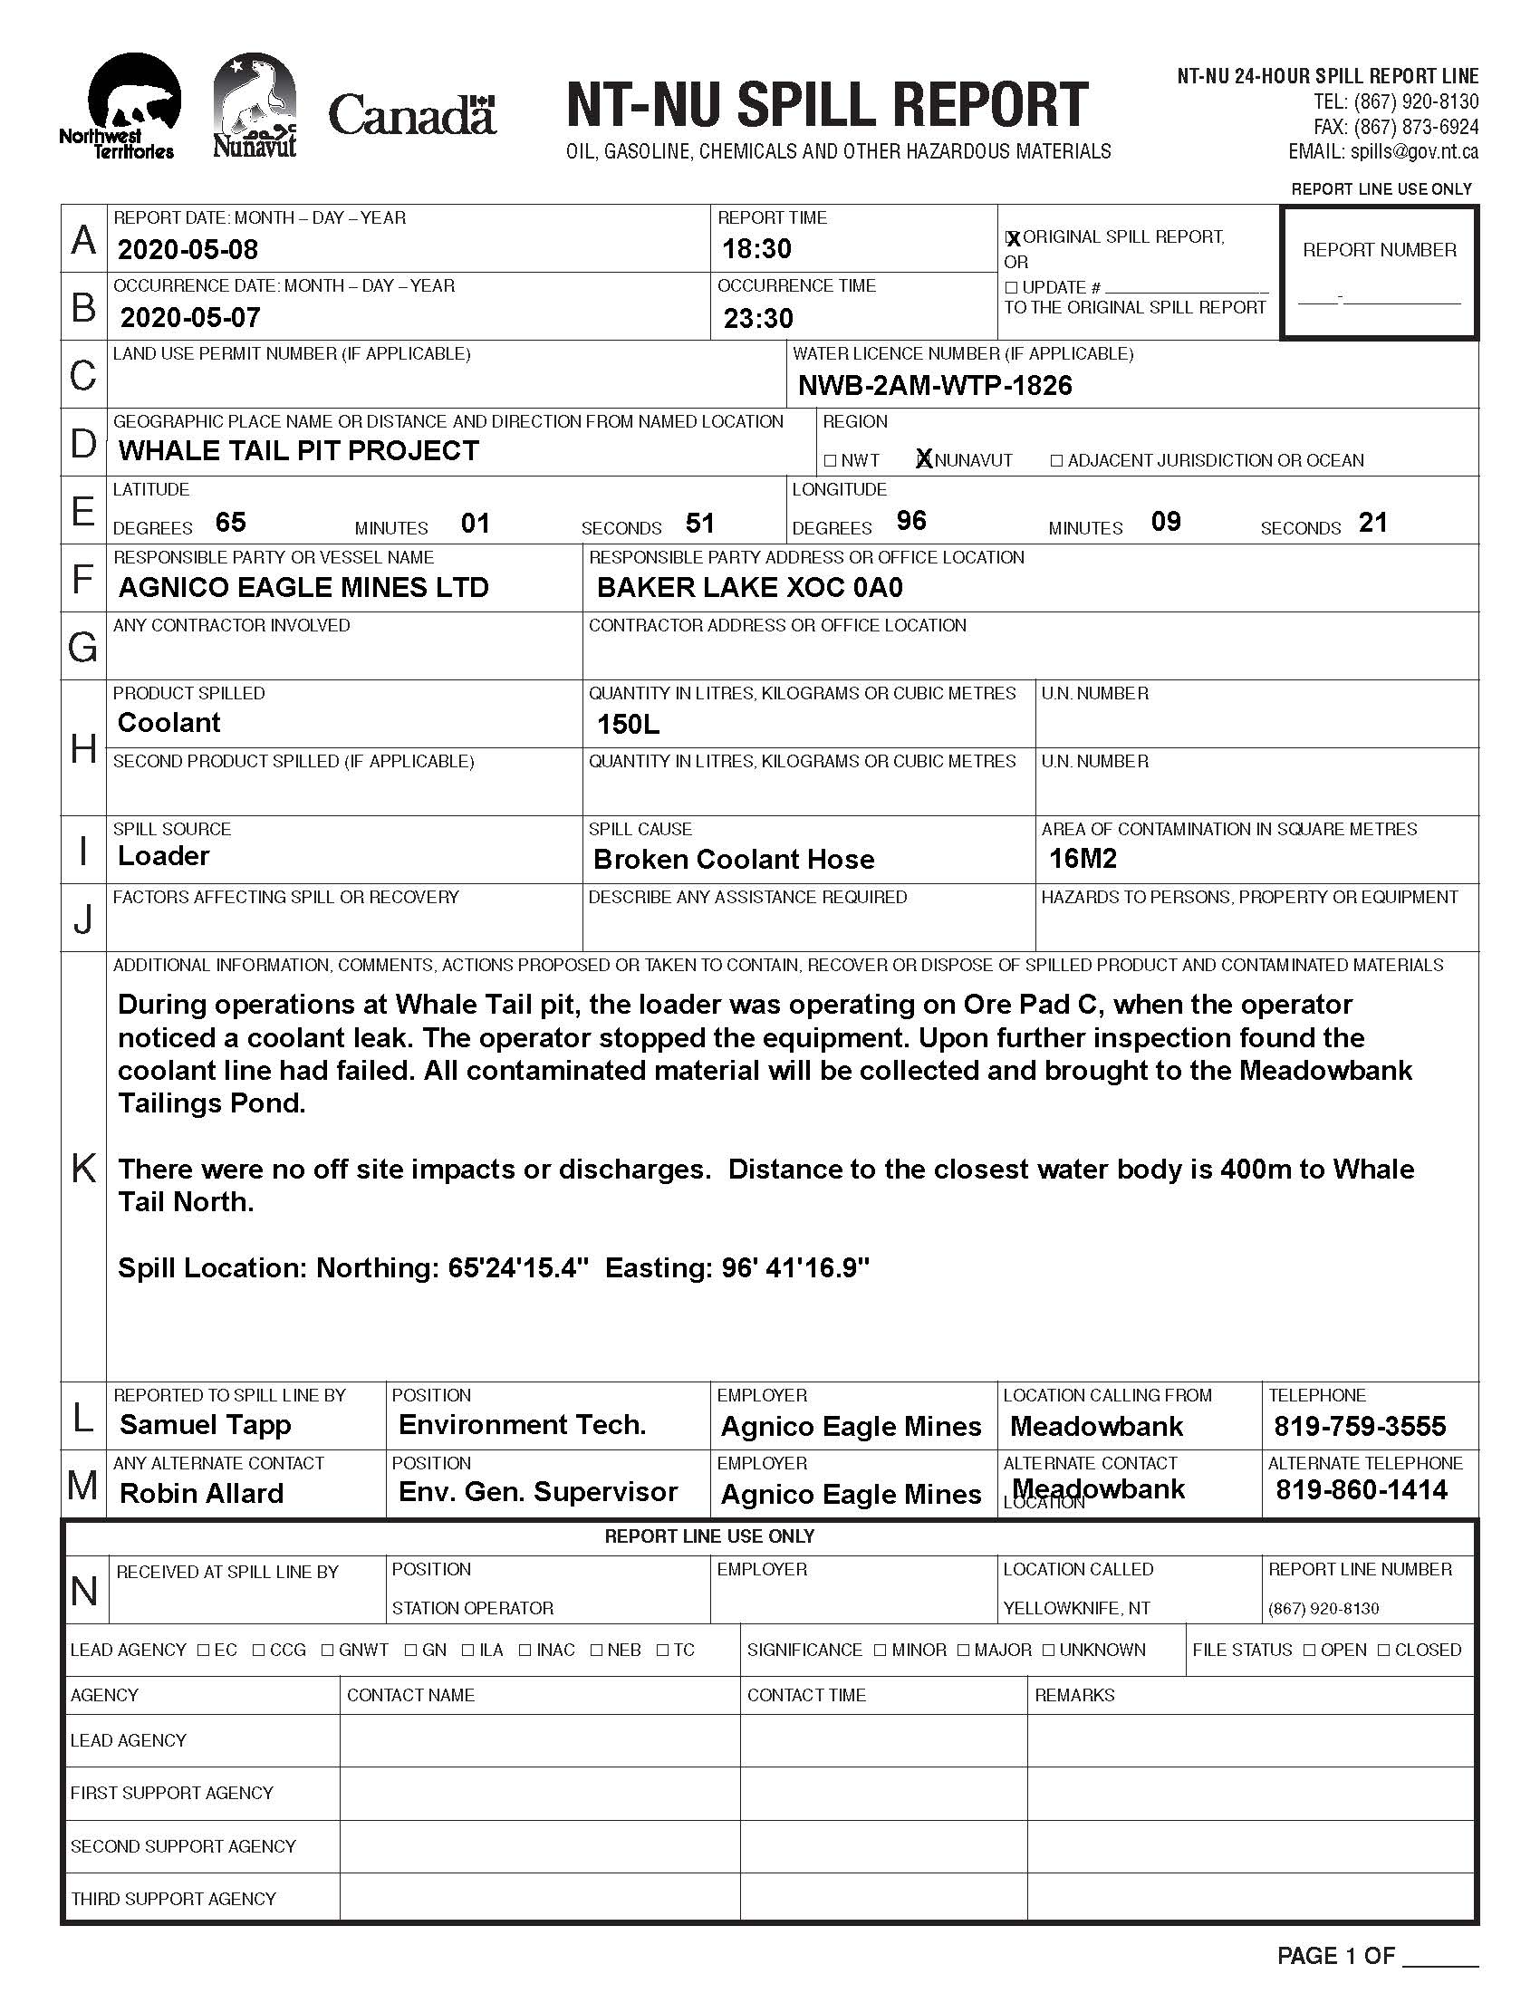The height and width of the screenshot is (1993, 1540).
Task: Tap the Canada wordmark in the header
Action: tap(411, 116)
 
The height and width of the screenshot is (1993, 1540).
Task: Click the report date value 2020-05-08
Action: tap(188, 249)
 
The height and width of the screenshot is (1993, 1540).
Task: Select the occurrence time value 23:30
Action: tap(758, 319)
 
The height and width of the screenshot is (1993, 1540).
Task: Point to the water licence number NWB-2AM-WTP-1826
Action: tap(935, 386)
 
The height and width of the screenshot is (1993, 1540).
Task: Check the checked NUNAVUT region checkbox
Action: tap(924, 460)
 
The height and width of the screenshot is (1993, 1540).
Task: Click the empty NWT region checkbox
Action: tap(829, 461)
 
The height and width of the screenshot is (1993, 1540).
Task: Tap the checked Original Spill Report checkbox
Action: tap(1012, 238)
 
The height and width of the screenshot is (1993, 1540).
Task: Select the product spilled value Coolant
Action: tap(168, 723)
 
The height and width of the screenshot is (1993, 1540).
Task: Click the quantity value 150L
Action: tap(628, 725)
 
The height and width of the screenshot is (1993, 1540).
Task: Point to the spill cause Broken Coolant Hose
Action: tap(734, 860)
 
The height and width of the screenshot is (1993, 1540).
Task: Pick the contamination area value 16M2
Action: tap(1083, 859)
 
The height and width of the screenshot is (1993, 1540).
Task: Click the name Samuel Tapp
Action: tap(206, 1424)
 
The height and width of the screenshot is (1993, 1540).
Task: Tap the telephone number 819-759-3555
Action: tap(1361, 1425)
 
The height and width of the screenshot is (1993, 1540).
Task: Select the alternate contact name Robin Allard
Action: tap(202, 1493)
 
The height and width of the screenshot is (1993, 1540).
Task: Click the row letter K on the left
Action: tap(83, 1167)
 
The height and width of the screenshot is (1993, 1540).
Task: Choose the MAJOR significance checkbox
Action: tap(965, 1650)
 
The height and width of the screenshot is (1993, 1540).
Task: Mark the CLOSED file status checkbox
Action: tap(1384, 1650)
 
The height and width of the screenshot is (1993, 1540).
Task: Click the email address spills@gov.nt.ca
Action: tap(1414, 152)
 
